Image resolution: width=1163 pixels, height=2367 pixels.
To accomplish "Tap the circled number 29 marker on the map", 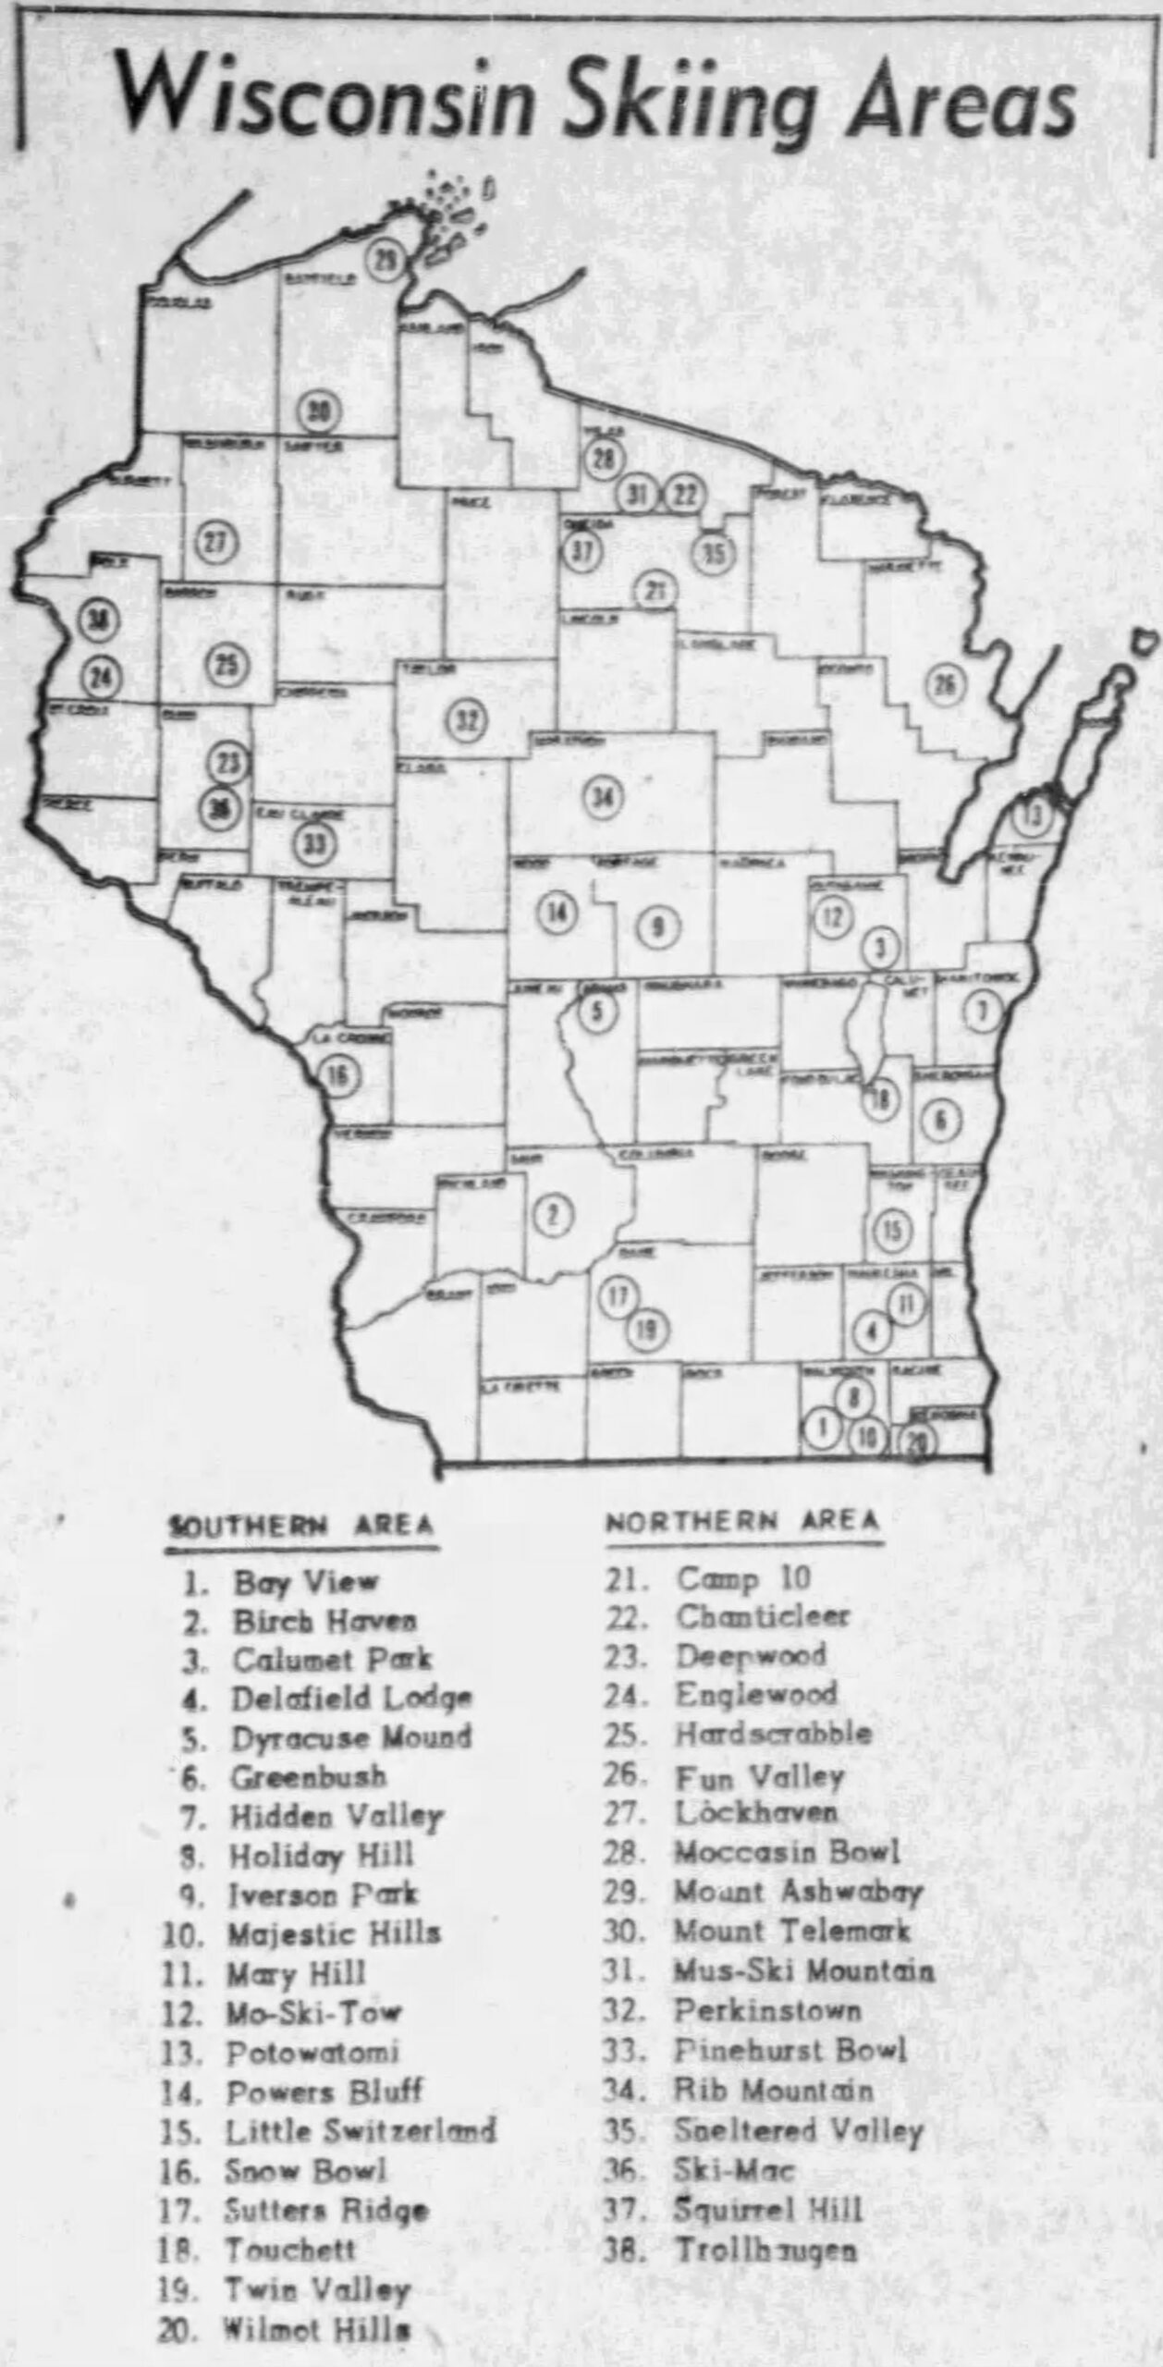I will (385, 261).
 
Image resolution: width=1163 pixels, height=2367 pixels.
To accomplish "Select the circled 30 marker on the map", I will (319, 412).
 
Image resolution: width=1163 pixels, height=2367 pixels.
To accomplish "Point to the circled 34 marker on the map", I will (602, 798).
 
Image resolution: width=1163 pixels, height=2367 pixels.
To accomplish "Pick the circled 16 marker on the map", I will (340, 1075).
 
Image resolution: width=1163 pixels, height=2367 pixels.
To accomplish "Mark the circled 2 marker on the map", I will (552, 1215).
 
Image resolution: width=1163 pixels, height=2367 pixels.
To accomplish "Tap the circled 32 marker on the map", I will (468, 718).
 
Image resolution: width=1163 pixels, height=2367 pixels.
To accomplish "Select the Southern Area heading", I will (301, 1525).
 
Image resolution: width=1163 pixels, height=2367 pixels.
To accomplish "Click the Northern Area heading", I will (742, 1521).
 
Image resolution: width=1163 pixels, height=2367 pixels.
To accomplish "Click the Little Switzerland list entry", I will (361, 2130).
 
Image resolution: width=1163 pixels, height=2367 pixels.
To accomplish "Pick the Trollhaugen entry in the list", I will (765, 2250).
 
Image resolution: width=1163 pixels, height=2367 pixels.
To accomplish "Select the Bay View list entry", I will (305, 1582).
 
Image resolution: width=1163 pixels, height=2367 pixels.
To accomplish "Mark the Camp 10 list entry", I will (743, 1578).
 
